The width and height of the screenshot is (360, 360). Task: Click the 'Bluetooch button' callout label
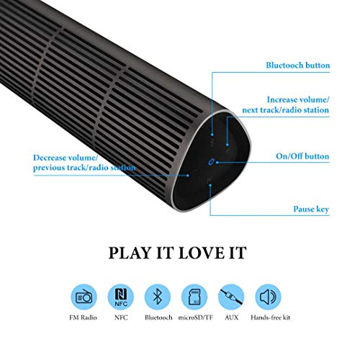tap(298, 66)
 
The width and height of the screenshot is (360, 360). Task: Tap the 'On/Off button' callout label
tap(302, 156)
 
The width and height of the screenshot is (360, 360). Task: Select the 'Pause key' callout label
tap(311, 209)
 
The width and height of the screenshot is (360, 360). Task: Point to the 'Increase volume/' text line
tap(298, 99)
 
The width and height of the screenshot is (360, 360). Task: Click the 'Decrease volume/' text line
tap(66, 158)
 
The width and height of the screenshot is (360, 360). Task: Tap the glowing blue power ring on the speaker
tap(211, 162)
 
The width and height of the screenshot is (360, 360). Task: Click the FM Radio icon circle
tap(84, 297)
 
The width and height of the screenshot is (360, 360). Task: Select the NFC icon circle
tap(121, 297)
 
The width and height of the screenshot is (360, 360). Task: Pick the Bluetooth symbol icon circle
tap(158, 297)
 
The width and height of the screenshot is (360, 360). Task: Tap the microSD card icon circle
tap(194, 297)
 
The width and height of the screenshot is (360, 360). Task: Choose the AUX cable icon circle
tap(231, 297)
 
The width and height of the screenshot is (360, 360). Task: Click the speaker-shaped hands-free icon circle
tap(269, 297)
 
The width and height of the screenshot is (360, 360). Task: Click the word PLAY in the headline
tap(130, 253)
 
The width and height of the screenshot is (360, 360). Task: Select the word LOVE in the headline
tap(201, 253)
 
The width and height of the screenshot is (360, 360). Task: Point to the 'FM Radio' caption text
tap(83, 318)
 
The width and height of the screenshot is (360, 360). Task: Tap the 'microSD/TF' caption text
tap(195, 318)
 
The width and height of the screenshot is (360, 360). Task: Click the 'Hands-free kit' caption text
tap(271, 318)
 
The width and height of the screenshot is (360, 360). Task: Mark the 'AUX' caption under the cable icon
tap(232, 318)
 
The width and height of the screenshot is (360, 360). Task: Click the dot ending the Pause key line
tap(210, 185)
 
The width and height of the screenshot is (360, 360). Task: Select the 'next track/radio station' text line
tap(286, 110)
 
